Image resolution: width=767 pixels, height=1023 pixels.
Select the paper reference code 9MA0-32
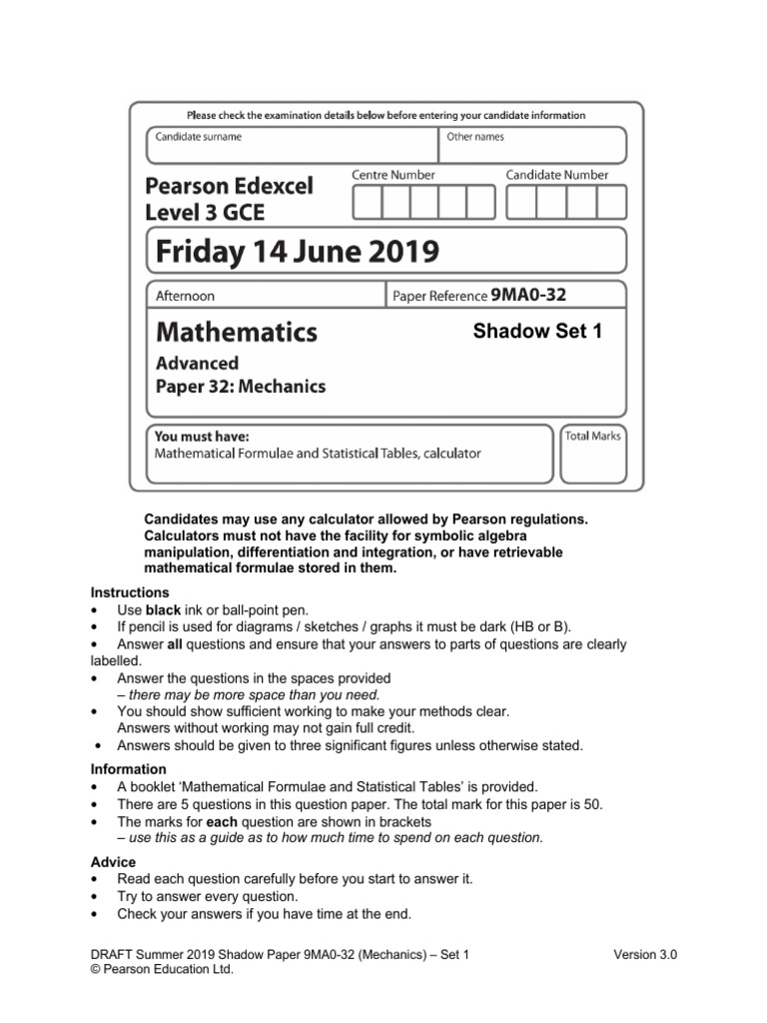528,295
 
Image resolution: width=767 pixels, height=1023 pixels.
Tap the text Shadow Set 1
537,332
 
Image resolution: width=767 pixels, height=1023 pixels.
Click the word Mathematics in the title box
237,331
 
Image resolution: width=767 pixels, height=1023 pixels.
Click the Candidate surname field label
198,137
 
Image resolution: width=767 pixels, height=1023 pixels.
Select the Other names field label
475,137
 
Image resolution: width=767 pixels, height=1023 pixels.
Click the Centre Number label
392,175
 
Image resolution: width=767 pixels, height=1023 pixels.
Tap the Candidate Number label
556,175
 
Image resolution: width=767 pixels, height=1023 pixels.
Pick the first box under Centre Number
368,203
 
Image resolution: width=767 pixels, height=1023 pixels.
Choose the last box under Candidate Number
610,203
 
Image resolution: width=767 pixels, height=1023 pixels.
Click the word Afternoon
186,296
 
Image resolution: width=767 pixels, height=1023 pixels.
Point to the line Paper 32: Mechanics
241,387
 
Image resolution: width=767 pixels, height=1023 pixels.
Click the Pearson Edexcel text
230,186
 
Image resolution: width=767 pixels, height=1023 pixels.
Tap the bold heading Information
128,769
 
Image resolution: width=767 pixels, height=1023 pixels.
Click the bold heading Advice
113,862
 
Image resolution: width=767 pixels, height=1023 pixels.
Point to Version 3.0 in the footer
645,955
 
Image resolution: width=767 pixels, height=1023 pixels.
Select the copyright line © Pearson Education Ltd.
162,969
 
